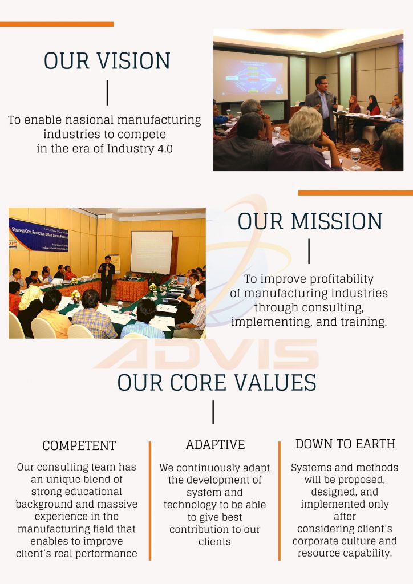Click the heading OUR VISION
tap(107, 61)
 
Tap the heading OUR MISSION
tap(310, 221)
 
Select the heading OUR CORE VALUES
tap(217, 382)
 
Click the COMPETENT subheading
tap(79, 445)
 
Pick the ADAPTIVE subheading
tap(215, 444)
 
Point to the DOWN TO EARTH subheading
tap(345, 444)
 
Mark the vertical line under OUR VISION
tap(107, 92)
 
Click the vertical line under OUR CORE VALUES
tap(213, 412)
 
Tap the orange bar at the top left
tap(56, 24)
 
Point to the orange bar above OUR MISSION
tap(355, 193)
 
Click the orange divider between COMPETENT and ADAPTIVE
tap(149, 500)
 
